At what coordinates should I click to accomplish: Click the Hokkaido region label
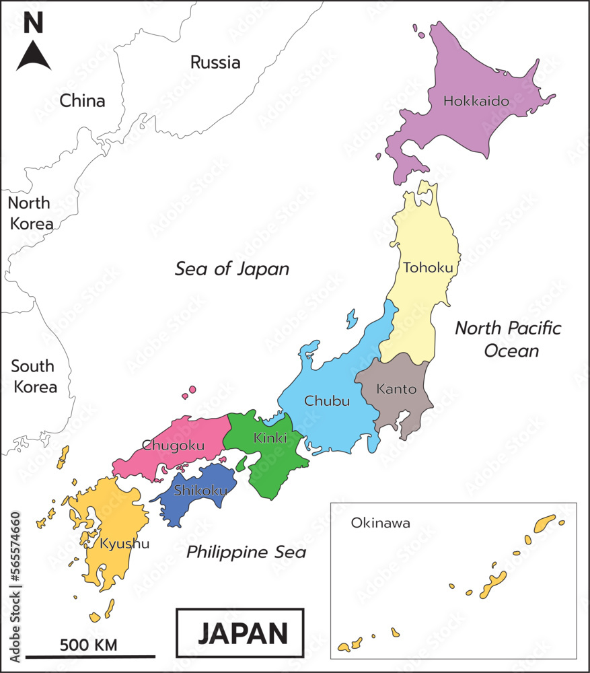click(x=476, y=102)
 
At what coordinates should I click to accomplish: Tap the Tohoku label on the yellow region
click(x=428, y=268)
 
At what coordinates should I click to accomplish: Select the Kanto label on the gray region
click(x=396, y=389)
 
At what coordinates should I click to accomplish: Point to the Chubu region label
click(x=327, y=401)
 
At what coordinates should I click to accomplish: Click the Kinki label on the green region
click(x=270, y=438)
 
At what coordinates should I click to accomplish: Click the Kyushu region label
click(x=124, y=543)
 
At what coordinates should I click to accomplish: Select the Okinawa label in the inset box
click(x=380, y=522)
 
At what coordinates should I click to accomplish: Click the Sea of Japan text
click(x=232, y=269)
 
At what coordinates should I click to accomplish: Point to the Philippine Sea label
click(x=246, y=553)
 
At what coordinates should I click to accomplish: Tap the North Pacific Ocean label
click(x=508, y=339)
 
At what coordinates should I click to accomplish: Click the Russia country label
click(x=215, y=63)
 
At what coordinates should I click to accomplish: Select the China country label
click(x=82, y=101)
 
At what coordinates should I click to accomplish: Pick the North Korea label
click(x=30, y=213)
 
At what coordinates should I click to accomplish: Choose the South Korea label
click(x=34, y=377)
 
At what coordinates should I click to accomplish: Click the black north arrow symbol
click(x=34, y=56)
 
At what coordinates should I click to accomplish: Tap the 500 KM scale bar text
click(x=88, y=645)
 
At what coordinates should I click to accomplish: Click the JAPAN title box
click(x=240, y=633)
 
